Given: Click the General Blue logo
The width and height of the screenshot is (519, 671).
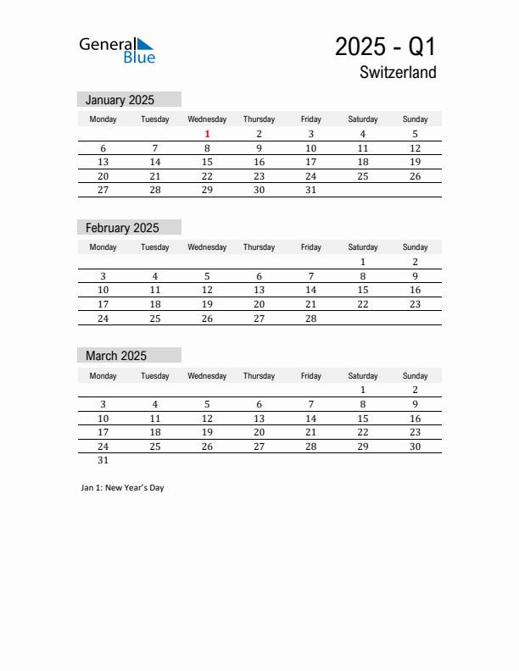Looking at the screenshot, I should tap(117, 50).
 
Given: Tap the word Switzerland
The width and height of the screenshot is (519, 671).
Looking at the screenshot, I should tap(398, 73).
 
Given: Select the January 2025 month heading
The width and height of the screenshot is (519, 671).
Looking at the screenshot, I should tap(120, 100).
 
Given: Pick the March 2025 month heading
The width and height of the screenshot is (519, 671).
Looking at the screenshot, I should tap(116, 356).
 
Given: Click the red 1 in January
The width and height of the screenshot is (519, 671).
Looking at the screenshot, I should tap(207, 134).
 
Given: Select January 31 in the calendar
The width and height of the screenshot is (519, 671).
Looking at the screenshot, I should tap(310, 191).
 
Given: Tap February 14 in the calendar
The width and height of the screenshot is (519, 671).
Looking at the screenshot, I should tap(310, 290).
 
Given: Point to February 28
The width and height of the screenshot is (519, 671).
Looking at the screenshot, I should tap(310, 319).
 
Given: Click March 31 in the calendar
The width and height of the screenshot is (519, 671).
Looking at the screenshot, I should tap(103, 461).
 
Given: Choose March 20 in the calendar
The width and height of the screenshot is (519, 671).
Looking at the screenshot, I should tap(259, 432).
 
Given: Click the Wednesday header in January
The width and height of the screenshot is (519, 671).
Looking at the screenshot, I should tap(207, 119).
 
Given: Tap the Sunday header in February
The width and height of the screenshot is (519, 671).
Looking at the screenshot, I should tap(415, 247).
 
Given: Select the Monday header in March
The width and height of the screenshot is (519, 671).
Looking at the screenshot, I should tap(103, 376).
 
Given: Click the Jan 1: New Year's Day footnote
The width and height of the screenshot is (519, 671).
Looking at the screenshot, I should tap(122, 488).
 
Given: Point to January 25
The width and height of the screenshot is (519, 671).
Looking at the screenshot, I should tap(363, 176).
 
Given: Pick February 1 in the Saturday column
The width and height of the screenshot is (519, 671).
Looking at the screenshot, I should tap(363, 262).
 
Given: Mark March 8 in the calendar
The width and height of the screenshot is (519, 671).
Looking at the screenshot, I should tap(363, 404).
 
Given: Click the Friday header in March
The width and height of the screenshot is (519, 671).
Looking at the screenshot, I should tap(310, 376).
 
